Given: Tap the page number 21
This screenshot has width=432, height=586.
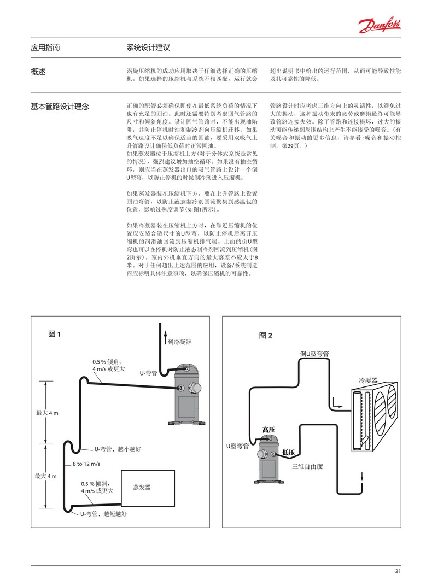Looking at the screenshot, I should (398, 572).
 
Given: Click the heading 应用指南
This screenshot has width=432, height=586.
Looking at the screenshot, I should (45, 48).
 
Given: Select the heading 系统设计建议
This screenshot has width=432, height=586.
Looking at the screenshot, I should (149, 48).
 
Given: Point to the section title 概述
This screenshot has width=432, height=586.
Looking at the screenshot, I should (38, 72).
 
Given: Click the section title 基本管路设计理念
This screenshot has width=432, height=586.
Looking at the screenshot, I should (60, 106).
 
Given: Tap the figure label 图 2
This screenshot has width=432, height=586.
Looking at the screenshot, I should (265, 335).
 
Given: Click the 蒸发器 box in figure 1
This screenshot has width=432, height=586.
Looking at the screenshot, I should (142, 487).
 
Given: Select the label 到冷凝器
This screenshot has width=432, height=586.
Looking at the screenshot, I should (179, 342).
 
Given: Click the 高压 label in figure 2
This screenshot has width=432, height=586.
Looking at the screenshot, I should (268, 430).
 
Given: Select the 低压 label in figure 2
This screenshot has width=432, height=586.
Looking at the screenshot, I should (289, 452).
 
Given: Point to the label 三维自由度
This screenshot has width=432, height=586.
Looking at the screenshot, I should (308, 466).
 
